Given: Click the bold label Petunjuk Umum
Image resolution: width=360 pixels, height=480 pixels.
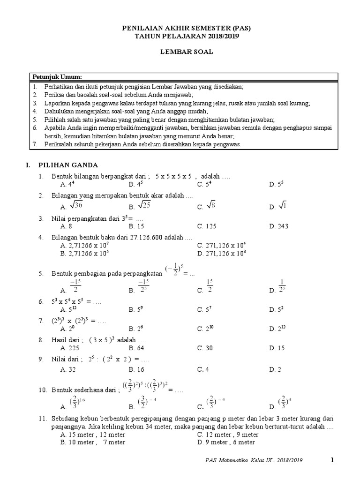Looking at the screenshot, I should pyautogui.click(x=57, y=77).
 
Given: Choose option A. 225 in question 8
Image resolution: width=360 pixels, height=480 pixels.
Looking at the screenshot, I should pyautogui.click(x=70, y=348).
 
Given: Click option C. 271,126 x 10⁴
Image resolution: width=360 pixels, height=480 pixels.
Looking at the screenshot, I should pyautogui.click(x=222, y=245).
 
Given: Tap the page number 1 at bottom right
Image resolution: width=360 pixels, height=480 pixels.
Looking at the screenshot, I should pyautogui.click(x=332, y=460).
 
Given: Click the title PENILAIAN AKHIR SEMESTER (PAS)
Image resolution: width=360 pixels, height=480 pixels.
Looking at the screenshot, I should pyautogui.click(x=187, y=29).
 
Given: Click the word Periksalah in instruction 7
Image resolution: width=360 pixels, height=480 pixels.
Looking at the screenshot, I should pyautogui.click(x=59, y=145).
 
